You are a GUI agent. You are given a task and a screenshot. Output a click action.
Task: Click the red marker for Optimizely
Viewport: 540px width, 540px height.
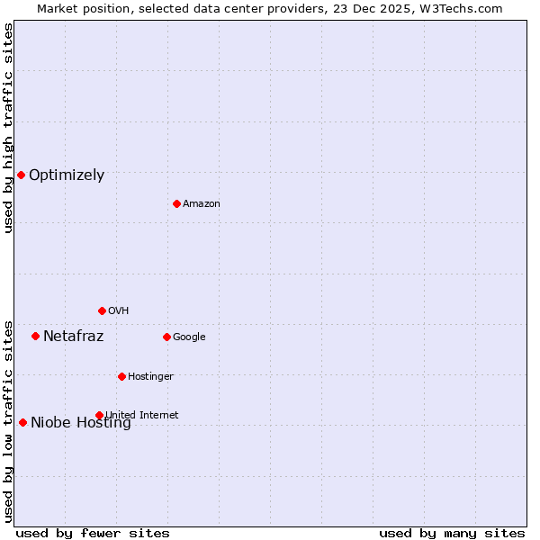pyautogui.click(x=21, y=175)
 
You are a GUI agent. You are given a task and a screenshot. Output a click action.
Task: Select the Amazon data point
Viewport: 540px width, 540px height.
pyautogui.click(x=176, y=203)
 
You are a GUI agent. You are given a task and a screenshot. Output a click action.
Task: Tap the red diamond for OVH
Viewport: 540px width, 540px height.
pyautogui.click(x=102, y=310)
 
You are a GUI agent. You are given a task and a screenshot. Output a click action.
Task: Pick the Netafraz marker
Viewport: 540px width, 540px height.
pyautogui.click(x=35, y=336)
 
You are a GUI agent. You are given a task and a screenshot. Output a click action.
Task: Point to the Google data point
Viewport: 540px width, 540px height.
pyautogui.click(x=166, y=337)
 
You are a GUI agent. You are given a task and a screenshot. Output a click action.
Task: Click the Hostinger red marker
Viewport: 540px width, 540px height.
pyautogui.click(x=121, y=376)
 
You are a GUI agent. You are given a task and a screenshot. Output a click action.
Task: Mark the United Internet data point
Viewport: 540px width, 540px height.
pyautogui.click(x=99, y=415)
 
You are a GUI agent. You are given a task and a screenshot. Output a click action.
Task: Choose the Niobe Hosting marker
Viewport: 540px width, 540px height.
pyautogui.click(x=22, y=422)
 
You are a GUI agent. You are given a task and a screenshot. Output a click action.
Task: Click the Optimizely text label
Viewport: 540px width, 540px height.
pyautogui.click(x=67, y=175)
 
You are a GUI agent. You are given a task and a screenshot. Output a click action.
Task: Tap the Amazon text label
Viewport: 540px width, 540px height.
pyautogui.click(x=202, y=204)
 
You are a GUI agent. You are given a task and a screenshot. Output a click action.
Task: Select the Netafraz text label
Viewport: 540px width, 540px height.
pyautogui.click(x=74, y=337)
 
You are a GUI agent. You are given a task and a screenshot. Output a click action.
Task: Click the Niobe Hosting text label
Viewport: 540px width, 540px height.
pyautogui.click(x=81, y=423)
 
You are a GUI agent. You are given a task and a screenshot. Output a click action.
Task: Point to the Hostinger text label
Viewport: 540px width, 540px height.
pyautogui.click(x=150, y=376)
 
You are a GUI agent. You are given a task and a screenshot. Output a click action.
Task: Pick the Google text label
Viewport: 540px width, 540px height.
pyautogui.click(x=189, y=337)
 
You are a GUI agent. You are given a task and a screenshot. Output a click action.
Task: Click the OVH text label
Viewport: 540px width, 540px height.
pyautogui.click(x=119, y=311)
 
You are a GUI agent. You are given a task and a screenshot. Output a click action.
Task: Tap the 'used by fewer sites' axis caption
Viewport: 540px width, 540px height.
pyautogui.click(x=93, y=533)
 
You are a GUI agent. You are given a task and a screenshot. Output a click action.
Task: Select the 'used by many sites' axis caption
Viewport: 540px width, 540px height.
pyautogui.click(x=452, y=533)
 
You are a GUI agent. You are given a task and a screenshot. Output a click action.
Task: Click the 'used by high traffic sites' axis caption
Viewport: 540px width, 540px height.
pyautogui.click(x=8, y=128)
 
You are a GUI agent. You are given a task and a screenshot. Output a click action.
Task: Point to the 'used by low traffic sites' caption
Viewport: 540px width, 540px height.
pyautogui.click(x=8, y=421)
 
